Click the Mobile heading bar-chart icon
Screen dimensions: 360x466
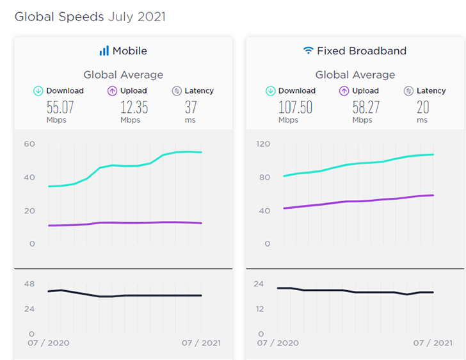coord(104,51)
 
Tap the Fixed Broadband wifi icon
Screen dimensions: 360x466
coord(309,51)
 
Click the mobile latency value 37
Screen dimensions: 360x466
coord(190,106)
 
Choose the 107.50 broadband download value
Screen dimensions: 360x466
coord(295,106)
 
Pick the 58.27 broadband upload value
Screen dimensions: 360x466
coord(366,106)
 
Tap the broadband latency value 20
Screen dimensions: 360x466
coord(422,106)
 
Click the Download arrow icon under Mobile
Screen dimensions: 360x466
coord(38,91)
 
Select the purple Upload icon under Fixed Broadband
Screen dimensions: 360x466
coord(344,91)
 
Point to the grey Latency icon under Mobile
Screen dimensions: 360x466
coord(177,91)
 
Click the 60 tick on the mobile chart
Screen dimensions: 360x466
coord(29,143)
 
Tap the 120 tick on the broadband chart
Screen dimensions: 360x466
coord(264,143)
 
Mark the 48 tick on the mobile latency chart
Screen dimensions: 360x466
coord(29,284)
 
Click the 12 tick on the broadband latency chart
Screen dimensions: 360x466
coord(261,309)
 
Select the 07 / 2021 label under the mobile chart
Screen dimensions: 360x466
coord(202,343)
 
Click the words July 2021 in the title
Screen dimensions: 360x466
coord(136,17)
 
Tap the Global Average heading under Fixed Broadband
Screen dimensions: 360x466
coord(355,75)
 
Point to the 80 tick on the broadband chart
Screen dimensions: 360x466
coord(264,177)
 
